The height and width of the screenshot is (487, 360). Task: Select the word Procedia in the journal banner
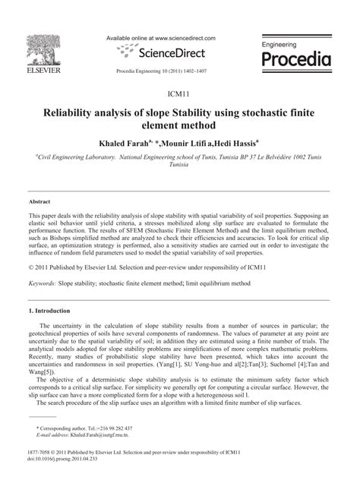click(x=301, y=59)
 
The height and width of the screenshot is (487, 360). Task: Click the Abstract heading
click(x=39, y=201)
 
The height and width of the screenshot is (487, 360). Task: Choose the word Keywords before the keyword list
click(x=45, y=283)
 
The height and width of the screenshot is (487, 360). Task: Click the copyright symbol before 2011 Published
click(x=30, y=267)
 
